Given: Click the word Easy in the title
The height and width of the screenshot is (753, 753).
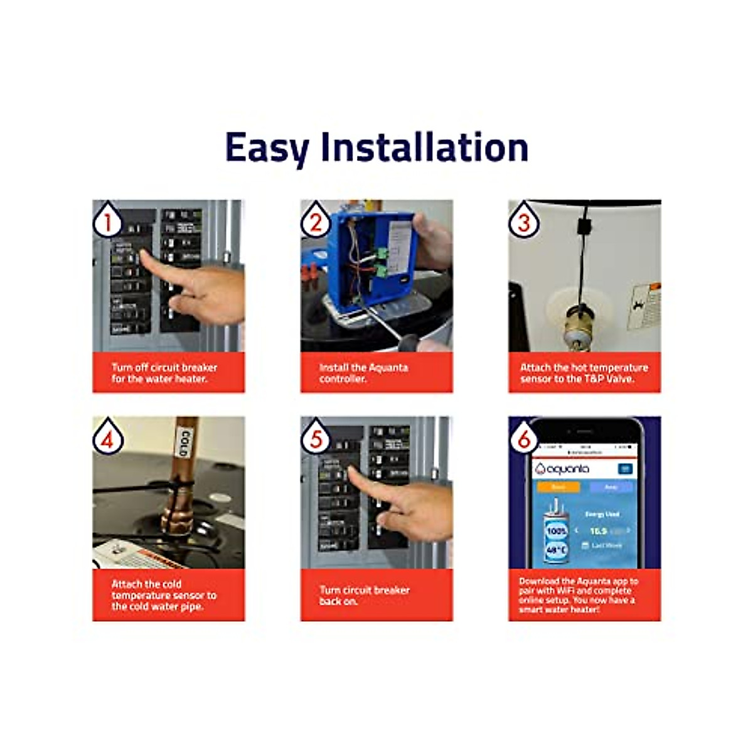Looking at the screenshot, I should (x=266, y=148).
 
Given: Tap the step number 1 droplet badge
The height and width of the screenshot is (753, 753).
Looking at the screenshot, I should (x=107, y=220).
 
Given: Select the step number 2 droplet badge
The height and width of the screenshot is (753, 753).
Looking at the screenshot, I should (x=316, y=220).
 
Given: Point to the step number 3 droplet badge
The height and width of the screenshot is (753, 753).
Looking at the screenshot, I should (x=523, y=220).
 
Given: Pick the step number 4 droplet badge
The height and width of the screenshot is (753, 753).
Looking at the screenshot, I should (x=107, y=437).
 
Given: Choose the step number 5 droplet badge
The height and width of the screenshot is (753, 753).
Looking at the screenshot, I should (x=316, y=437).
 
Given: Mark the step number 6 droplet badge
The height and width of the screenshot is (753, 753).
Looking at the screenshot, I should (x=523, y=437).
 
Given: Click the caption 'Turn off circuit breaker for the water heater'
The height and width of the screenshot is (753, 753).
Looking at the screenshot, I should (x=164, y=373).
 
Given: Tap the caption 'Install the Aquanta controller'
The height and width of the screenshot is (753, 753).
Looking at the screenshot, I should (x=364, y=373).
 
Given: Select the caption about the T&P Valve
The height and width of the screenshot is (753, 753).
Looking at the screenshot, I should (x=584, y=373).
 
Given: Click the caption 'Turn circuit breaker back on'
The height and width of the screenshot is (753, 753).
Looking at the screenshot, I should (x=364, y=595).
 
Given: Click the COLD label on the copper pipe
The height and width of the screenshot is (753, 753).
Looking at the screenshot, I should (x=184, y=442).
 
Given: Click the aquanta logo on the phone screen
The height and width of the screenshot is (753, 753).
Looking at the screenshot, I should (x=563, y=469).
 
